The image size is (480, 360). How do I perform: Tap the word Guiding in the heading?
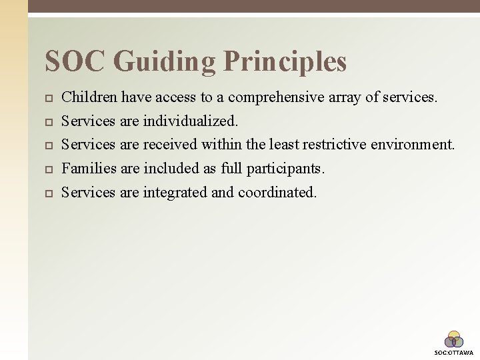[x=165, y=61]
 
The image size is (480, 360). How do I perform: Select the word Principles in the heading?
[x=285, y=61]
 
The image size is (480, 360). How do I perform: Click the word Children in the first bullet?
[x=89, y=97]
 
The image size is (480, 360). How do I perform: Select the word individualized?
[x=191, y=121]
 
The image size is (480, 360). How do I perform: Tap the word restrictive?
[x=340, y=145]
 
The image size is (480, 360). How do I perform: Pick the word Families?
[x=89, y=169]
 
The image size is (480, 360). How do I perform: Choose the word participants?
[x=286, y=169]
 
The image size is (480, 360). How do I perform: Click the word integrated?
[x=175, y=192]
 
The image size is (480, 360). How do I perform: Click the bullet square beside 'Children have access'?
[x=47, y=98]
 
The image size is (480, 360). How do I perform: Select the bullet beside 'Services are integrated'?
[x=47, y=193]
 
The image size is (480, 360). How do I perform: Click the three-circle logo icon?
[x=454, y=339]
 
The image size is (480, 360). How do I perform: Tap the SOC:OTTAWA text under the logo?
[x=454, y=353]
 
